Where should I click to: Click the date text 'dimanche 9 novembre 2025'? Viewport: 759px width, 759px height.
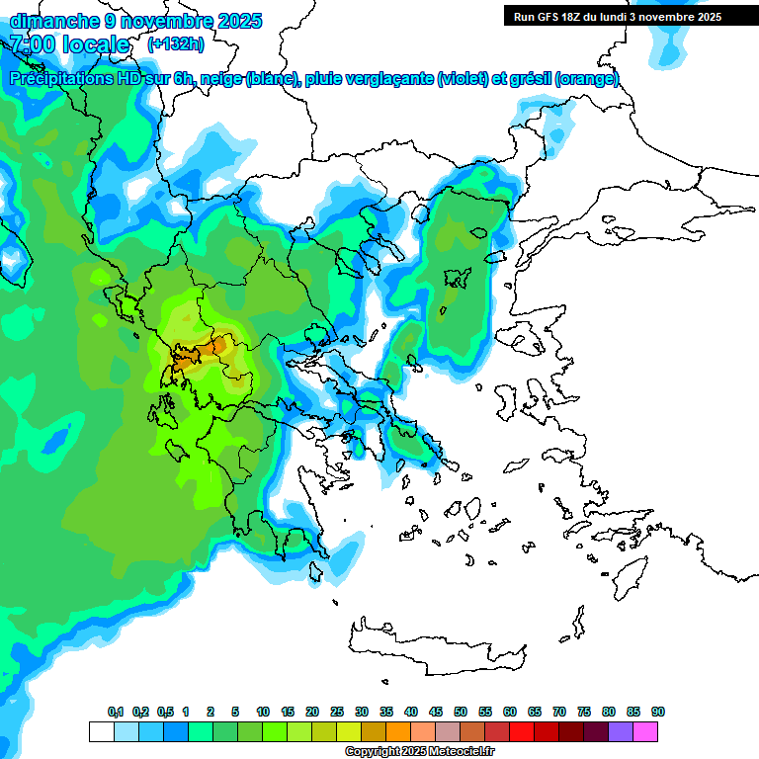click(x=135, y=20)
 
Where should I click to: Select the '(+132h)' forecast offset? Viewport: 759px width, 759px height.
click(x=176, y=43)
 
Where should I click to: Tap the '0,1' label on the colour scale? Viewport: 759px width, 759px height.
click(x=116, y=712)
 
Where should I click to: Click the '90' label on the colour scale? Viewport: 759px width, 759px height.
click(x=658, y=712)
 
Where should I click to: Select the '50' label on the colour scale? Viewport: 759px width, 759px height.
click(x=461, y=712)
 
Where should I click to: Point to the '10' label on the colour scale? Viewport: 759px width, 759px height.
click(x=263, y=712)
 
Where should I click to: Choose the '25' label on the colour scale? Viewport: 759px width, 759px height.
click(x=337, y=712)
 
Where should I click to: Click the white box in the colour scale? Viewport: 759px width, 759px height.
click(x=101, y=731)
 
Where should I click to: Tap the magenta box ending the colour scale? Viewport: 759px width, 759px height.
click(x=645, y=731)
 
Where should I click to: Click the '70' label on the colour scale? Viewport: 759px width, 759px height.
click(x=559, y=712)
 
